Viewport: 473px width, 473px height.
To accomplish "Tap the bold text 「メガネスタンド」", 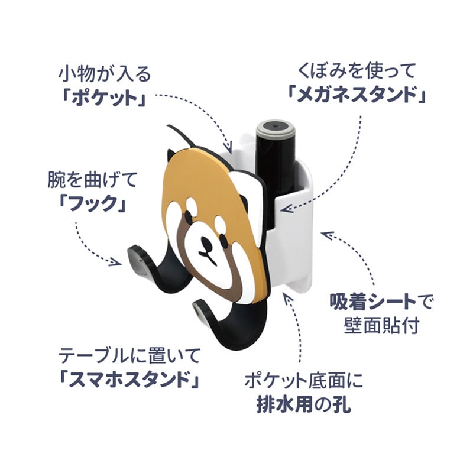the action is [x=357, y=94].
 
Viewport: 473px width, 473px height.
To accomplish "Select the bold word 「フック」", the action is [x=92, y=203].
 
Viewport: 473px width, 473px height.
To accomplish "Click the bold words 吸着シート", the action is [x=372, y=302].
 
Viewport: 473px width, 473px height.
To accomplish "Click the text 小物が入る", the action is [x=105, y=74].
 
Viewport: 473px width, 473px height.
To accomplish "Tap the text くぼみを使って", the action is [x=357, y=71].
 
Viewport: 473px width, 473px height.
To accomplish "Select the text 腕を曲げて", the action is [x=92, y=180].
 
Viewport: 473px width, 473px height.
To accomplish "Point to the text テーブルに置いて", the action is [x=129, y=356].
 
